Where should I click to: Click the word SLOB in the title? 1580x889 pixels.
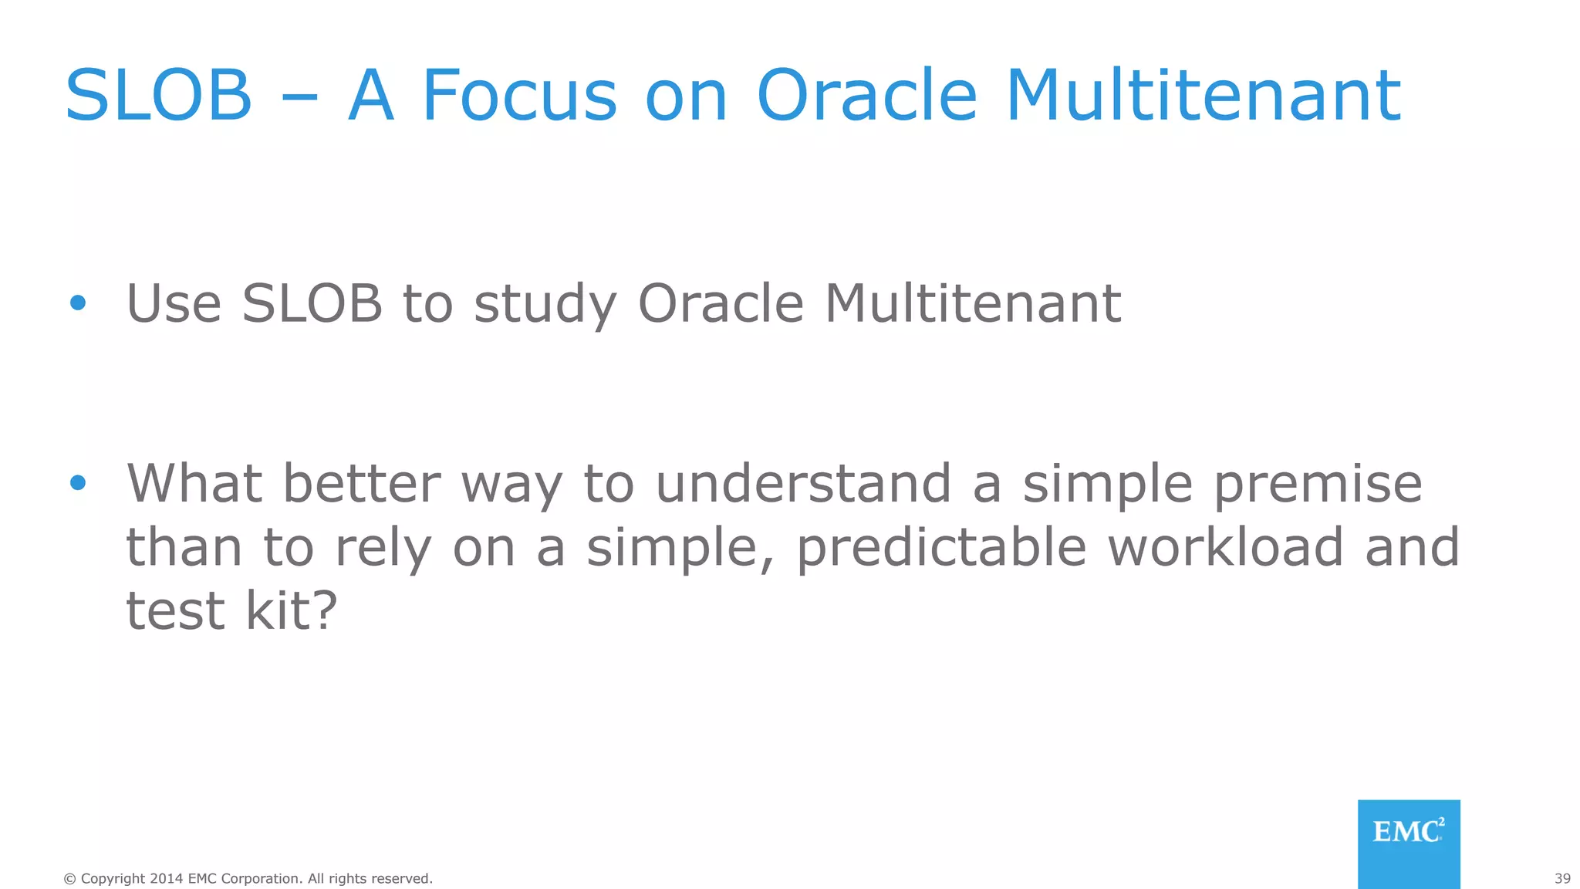coord(159,96)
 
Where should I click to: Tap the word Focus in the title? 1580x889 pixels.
coord(519,96)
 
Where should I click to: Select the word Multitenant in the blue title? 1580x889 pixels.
coord(1204,96)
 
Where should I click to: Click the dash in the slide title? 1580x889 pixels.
coord(300,99)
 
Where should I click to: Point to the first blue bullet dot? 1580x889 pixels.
coord(78,303)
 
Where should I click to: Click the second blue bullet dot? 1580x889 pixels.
coord(78,483)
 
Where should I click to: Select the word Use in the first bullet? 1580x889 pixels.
coord(174,303)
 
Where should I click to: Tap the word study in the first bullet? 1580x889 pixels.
coord(545,305)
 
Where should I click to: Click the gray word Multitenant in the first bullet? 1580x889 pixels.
coord(973,303)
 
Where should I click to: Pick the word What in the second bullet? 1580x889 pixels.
coord(194,484)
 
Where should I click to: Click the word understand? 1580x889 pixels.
coord(803,484)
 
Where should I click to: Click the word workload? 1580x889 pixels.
coord(1227,547)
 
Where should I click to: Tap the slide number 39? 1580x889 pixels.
coord(1562,879)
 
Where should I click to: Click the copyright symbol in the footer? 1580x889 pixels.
coord(69,879)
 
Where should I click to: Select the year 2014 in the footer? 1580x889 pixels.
coord(166,879)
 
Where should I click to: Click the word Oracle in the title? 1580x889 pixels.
coord(867,96)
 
